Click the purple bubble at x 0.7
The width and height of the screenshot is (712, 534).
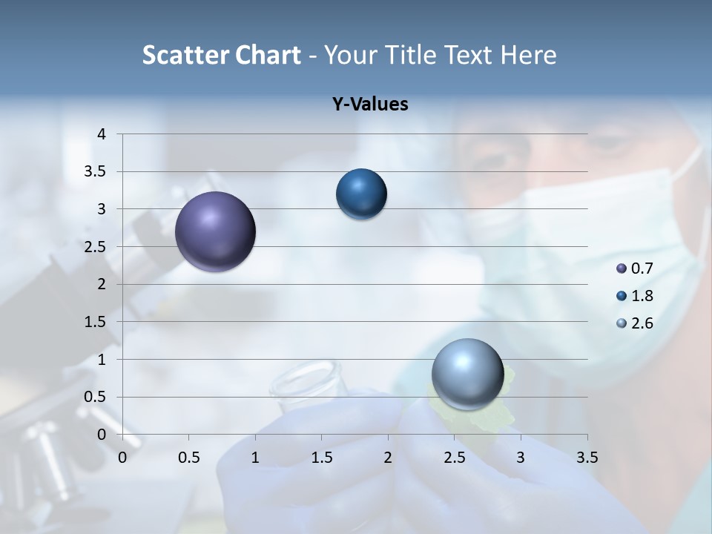tap(215, 231)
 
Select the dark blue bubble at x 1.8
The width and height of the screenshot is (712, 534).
tap(361, 194)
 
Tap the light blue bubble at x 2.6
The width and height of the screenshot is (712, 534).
tap(467, 374)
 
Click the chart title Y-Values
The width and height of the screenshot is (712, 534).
tap(369, 105)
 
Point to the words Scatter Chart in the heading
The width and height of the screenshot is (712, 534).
tap(221, 55)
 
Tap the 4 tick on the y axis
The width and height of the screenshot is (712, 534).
tap(102, 134)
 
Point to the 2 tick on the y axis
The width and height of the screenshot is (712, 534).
tap(102, 284)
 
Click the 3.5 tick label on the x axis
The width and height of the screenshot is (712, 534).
tap(587, 458)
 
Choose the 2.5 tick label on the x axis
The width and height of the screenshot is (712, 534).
tap(454, 458)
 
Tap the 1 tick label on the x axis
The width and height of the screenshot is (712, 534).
tap(255, 458)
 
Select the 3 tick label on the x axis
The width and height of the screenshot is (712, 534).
tap(520, 458)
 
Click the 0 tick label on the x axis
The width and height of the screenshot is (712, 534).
tap(122, 458)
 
